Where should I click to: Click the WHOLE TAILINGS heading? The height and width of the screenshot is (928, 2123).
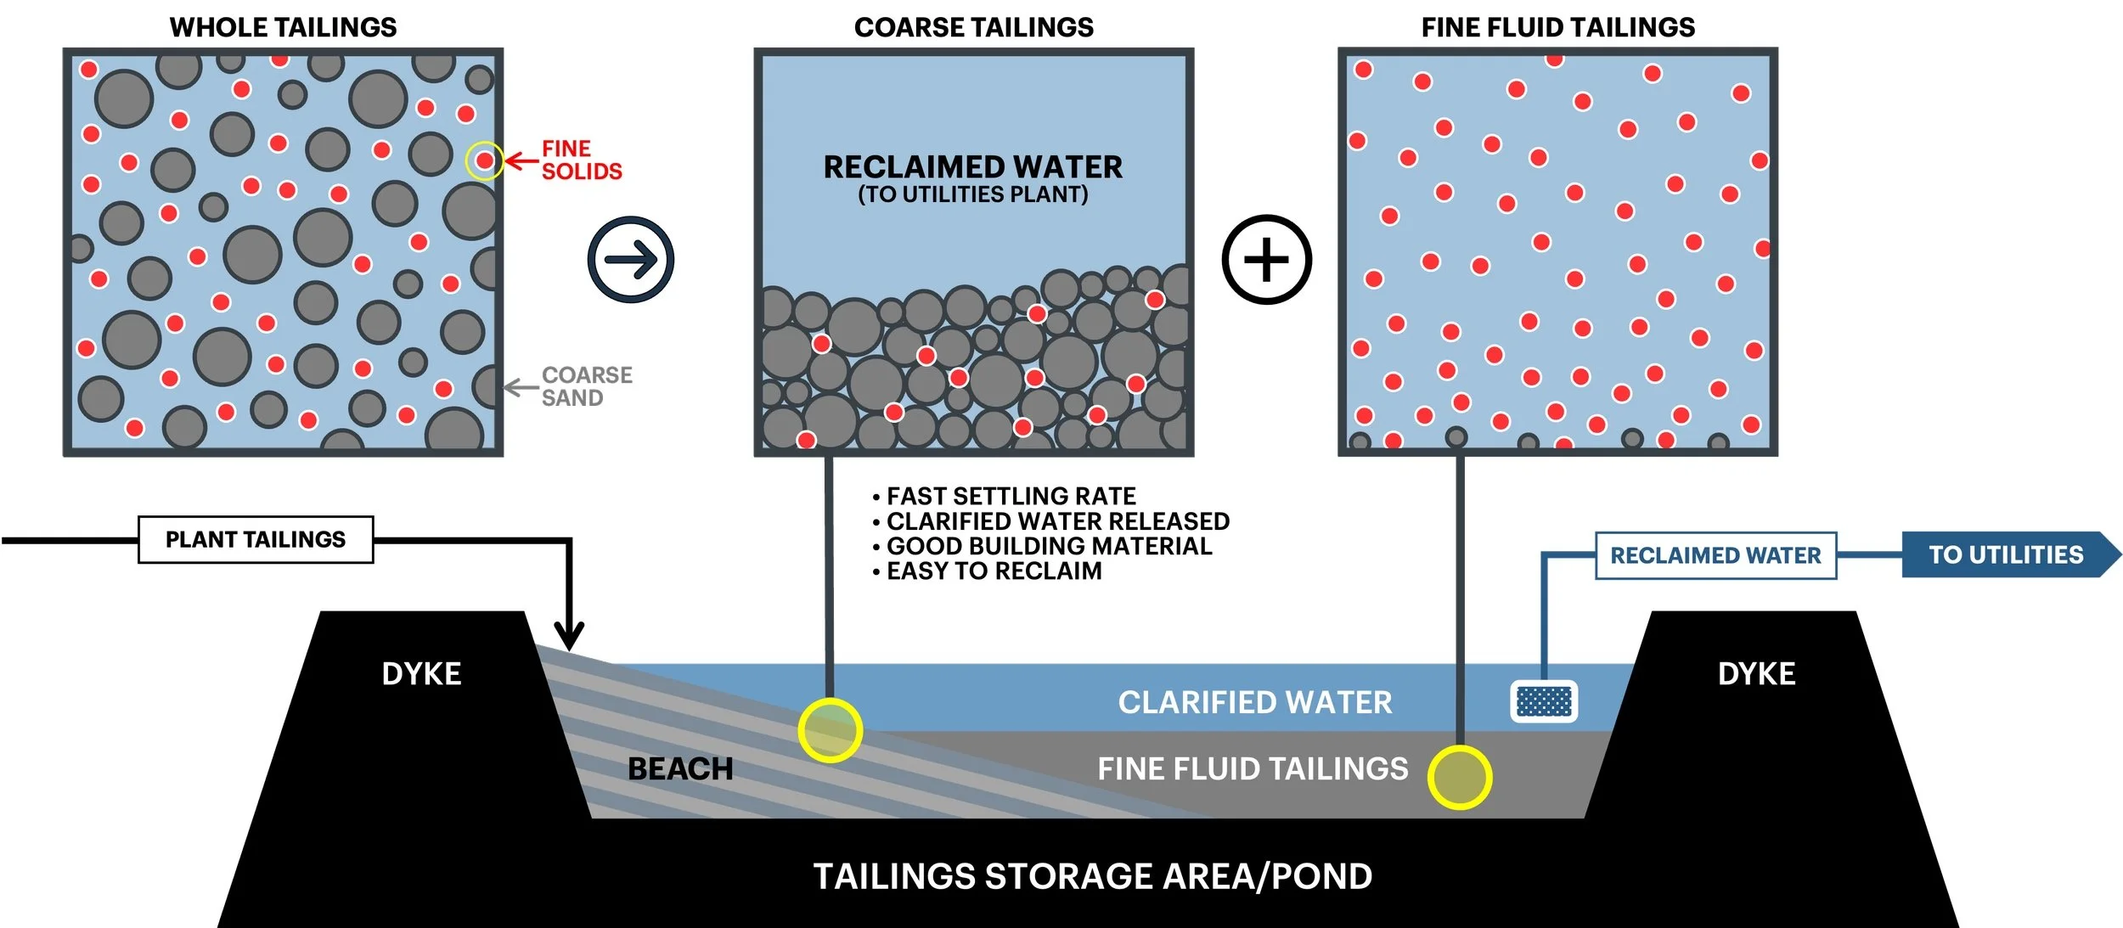(283, 27)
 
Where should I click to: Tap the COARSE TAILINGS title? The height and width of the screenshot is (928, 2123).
(973, 27)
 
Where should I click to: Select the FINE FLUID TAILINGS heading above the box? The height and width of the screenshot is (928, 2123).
(1557, 27)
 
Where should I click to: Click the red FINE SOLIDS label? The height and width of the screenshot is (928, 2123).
(582, 160)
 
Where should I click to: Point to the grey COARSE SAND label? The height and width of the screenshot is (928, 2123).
(586, 386)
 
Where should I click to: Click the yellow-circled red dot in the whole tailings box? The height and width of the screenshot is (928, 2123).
(484, 160)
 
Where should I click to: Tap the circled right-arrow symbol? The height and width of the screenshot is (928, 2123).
(631, 260)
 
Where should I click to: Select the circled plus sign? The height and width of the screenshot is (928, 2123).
(1266, 260)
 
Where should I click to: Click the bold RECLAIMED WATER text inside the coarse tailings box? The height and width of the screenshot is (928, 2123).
(972, 167)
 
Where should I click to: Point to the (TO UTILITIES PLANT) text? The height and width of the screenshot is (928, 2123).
(972, 194)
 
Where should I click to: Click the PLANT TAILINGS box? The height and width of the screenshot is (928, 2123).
(256, 540)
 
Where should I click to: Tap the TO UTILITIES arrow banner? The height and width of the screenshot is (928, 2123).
(2006, 555)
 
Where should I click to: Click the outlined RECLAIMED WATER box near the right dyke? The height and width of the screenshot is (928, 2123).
(1715, 556)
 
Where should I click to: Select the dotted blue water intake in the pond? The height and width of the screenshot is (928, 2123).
(1544, 702)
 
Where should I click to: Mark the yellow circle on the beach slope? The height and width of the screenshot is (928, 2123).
(830, 730)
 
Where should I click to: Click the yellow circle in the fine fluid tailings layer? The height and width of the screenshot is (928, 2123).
(1459, 777)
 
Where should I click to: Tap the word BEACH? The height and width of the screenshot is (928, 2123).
(679, 769)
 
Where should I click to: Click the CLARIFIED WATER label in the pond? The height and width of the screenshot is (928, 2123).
(1254, 703)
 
